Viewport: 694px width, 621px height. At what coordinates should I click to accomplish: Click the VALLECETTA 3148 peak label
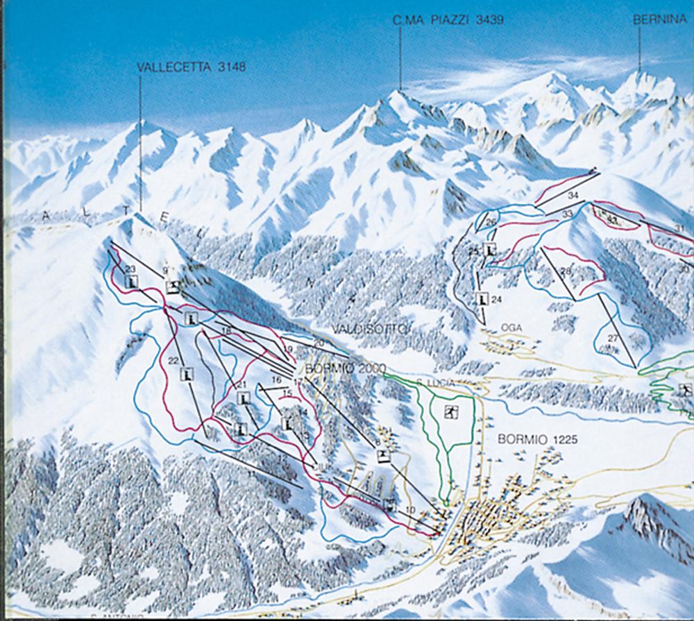(x=192, y=67)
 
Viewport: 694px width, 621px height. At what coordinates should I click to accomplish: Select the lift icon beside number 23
(x=133, y=282)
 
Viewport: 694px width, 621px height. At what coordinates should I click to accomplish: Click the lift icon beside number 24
(x=482, y=299)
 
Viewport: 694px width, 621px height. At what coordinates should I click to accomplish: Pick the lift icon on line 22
(x=186, y=375)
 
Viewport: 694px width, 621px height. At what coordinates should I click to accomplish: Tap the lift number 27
(x=613, y=338)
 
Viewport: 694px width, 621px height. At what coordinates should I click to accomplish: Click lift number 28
(x=566, y=271)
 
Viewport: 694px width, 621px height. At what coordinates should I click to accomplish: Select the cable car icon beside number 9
(x=173, y=287)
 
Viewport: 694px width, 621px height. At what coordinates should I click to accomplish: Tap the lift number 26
(x=491, y=222)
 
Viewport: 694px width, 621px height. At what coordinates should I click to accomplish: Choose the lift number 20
(x=319, y=343)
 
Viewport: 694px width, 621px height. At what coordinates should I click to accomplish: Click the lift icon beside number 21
(x=244, y=398)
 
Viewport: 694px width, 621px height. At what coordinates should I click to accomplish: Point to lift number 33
(x=567, y=214)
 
